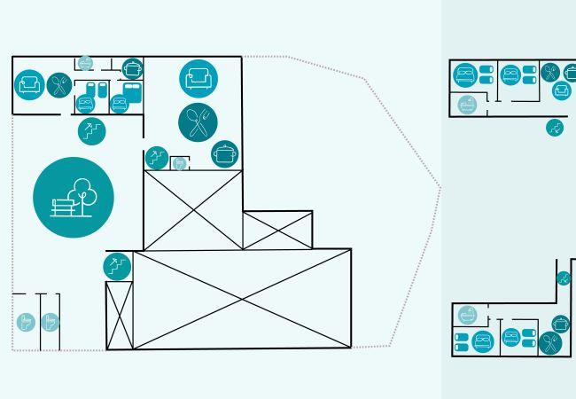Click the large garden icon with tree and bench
point(74,197)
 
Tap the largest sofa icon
point(198,77)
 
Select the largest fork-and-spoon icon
point(198,121)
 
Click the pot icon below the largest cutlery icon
point(225,154)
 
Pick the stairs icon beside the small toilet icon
point(157,158)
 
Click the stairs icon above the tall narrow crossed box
point(118,265)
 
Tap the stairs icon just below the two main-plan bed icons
point(90,130)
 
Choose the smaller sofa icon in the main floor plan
point(29,84)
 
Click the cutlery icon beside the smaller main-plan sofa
point(58,85)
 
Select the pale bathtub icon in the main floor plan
point(85,63)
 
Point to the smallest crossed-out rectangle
point(277,231)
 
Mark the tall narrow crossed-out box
point(119,315)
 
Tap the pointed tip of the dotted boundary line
point(440,187)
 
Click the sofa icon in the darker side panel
point(562,90)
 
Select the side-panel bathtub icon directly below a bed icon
point(467,105)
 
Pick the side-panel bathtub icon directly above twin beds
point(467,315)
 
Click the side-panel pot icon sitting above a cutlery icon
point(561,324)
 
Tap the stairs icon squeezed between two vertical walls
point(564,278)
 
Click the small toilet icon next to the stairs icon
point(180,164)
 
